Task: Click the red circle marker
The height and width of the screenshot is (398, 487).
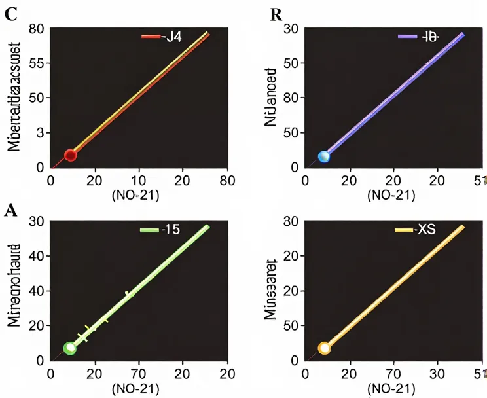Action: [x=71, y=155]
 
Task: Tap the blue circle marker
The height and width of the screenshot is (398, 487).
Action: [x=323, y=156]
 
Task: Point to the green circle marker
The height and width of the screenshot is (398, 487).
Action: [x=70, y=348]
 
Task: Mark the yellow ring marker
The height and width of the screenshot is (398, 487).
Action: [x=323, y=348]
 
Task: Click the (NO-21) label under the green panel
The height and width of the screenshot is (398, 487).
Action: [x=139, y=388]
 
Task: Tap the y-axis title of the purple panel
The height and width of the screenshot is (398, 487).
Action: [x=272, y=98]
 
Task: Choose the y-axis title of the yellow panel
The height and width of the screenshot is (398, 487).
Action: [x=272, y=293]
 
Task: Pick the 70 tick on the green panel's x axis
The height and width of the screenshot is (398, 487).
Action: [x=139, y=374]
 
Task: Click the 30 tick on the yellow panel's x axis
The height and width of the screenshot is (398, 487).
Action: [x=436, y=374]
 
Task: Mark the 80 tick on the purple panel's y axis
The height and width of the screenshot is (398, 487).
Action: [x=292, y=99]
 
